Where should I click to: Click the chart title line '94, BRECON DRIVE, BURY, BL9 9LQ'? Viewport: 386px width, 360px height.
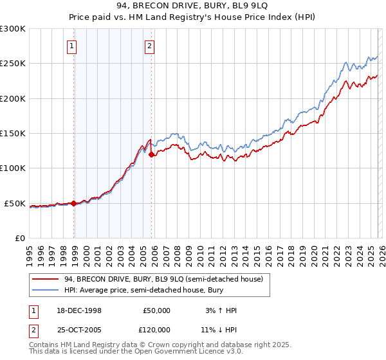(192, 6)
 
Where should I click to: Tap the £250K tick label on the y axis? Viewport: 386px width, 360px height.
(13, 64)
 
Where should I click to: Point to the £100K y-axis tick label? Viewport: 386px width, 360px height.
(13, 168)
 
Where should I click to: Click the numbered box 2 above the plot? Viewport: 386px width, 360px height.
(149, 46)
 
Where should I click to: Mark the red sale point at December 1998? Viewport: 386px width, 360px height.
(74, 203)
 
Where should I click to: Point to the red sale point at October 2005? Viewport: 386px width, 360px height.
(152, 154)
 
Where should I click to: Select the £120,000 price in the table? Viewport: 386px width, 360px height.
(156, 328)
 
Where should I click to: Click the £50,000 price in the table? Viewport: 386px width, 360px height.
(156, 310)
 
